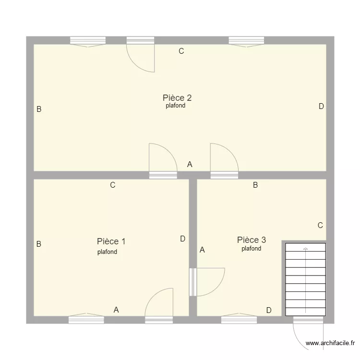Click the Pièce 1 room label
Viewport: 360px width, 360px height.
pos(111,241)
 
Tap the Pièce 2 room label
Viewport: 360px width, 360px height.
pos(177,98)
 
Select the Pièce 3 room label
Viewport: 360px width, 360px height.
pos(252,240)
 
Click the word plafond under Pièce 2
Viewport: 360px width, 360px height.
pos(176,106)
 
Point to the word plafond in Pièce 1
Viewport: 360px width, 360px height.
pos(107,252)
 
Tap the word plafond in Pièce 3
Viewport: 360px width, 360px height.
pos(252,249)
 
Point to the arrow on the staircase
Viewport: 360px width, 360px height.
pos(305,249)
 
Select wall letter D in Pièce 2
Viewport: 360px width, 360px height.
pos(321,107)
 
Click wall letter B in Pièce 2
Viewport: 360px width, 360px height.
pos(39,109)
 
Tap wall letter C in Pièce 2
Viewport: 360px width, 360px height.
pos(181,51)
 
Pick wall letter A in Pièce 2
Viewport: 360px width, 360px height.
pos(190,165)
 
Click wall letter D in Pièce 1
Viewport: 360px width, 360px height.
pos(182,239)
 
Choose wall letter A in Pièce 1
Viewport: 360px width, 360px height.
pos(116,310)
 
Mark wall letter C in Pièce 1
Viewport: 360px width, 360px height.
pos(112,185)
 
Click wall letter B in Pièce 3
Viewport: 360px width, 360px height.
pos(255,185)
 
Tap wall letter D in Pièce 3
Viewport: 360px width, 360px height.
pos(269,310)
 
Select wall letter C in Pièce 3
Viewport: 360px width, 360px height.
pos(320,225)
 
